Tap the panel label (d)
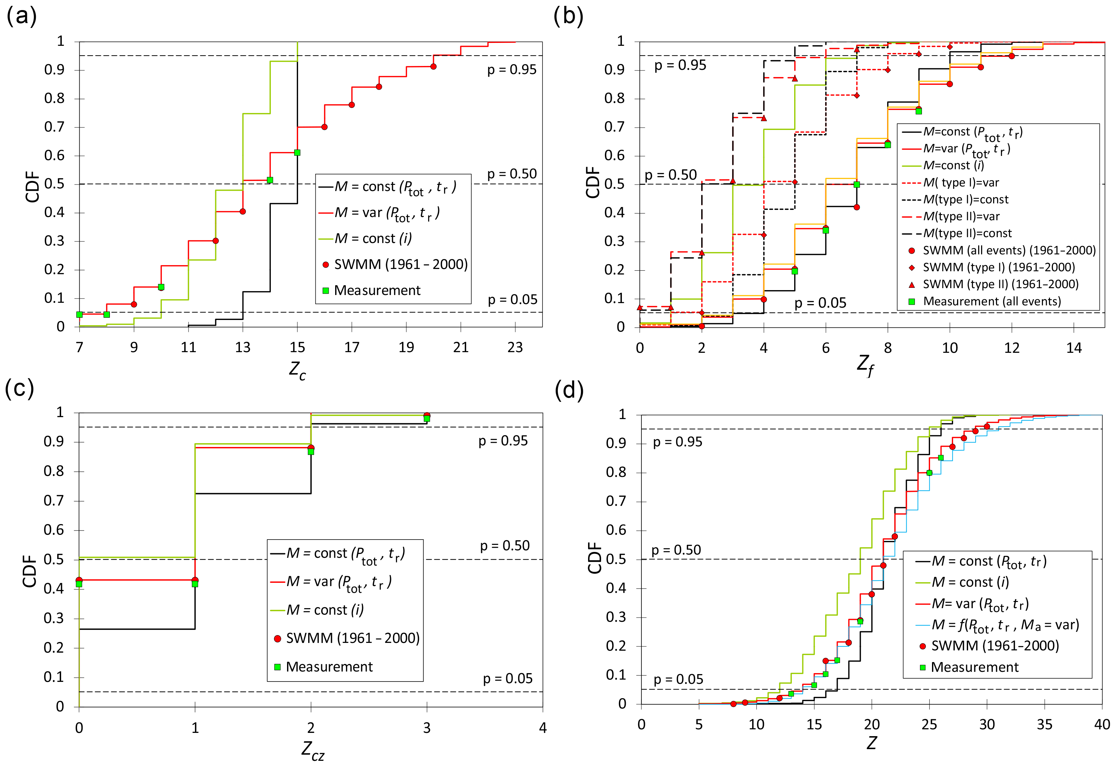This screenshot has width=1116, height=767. coord(569,390)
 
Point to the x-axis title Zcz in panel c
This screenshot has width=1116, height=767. coord(312,750)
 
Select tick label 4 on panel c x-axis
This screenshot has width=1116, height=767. coord(542,728)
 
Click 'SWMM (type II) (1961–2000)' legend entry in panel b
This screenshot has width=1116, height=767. coord(1000,285)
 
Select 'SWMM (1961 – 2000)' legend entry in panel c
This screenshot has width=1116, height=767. coord(352,638)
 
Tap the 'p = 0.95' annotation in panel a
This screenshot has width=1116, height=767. coord(512,70)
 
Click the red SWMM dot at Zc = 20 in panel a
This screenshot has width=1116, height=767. coord(433,66)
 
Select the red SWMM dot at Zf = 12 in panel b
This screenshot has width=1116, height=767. coord(1012,56)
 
